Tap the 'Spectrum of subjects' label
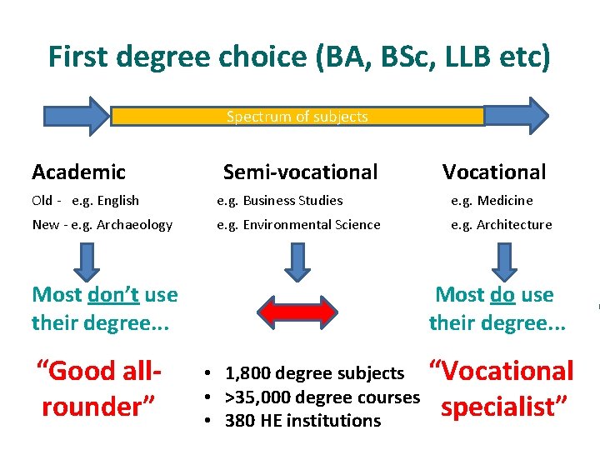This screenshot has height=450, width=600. pos(297,117)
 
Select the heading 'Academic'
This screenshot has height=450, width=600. pos(78,172)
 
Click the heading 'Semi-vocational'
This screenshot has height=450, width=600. pos(300,172)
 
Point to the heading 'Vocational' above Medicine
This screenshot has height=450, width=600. pos(494,172)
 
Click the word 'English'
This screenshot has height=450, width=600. pos(117,201)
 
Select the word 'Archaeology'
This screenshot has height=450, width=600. pos(133,225)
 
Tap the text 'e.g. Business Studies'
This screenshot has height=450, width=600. pos(280,201)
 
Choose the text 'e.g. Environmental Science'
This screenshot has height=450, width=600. pos(298,225)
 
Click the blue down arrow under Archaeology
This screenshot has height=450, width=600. pos(86,260)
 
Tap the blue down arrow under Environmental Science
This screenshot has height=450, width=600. pos(297,260)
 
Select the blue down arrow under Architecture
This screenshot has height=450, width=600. pos(502,260)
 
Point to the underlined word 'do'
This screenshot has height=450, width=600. pos(502,295)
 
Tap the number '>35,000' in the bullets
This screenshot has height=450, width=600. pos(256,397)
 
